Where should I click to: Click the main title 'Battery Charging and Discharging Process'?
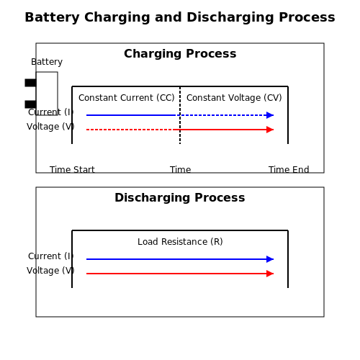coord(180,17)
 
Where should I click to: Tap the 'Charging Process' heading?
coord(180,53)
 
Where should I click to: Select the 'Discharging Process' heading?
coord(180,197)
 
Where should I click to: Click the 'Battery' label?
coord(47,62)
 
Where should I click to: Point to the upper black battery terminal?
coord(30,83)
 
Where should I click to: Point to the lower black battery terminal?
coord(30,104)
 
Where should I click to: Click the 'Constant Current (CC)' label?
coord(127,98)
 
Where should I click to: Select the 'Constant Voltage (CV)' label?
coord(234,98)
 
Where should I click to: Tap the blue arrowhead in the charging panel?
coord(270,115)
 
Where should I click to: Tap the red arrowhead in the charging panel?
coord(270,130)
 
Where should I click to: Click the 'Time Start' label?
coord(72,170)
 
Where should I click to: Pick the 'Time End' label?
coord(289,170)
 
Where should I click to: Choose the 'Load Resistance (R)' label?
coord(180,242)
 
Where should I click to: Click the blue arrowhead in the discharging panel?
coord(270,259)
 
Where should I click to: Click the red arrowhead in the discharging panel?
coord(270,274)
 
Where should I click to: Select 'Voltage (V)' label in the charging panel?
coord(50,127)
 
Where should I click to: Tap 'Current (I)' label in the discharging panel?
coord(50,256)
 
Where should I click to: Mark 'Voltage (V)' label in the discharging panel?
coord(50,271)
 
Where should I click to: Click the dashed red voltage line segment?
coord(130,130)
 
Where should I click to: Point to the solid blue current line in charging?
coord(131,115)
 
